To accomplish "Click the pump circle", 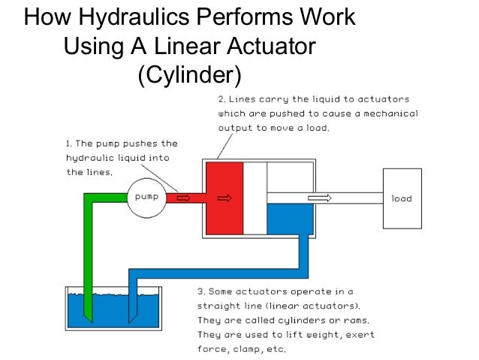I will (146, 198).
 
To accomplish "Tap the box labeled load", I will (402, 198).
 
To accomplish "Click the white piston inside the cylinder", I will (255, 198).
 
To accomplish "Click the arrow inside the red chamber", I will (224, 199).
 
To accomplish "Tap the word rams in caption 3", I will (348, 320).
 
